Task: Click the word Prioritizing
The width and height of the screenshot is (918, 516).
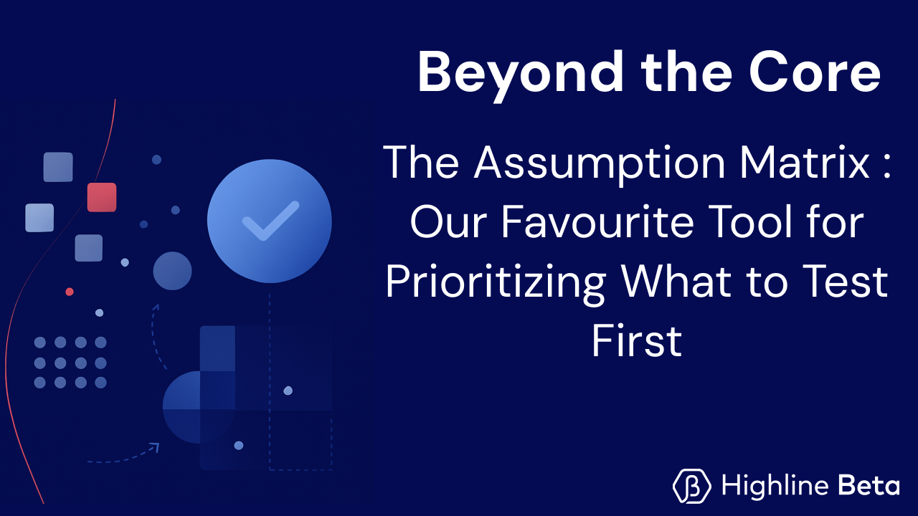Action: [496, 282]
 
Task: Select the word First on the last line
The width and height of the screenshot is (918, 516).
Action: [636, 342]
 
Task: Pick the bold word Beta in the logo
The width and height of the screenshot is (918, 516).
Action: [869, 487]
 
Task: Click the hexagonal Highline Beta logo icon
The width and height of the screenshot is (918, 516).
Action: [692, 487]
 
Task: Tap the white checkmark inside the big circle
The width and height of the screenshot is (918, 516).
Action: [270, 221]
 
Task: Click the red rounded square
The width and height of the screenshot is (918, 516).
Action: [102, 197]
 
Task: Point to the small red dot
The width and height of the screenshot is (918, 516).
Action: [70, 292]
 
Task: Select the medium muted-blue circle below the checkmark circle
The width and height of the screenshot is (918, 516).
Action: [172, 271]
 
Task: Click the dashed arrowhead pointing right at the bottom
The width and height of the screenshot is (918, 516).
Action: [153, 448]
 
